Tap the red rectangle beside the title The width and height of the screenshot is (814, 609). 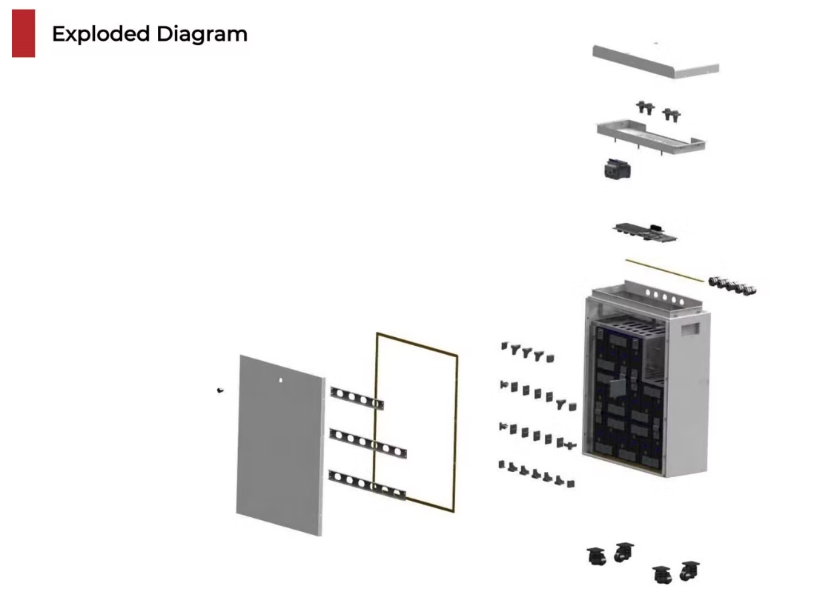[23, 33]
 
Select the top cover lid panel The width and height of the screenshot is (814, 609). [655, 60]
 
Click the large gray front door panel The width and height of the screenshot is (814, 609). [280, 445]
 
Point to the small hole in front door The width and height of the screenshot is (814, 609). [281, 381]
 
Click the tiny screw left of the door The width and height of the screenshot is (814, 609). [220, 390]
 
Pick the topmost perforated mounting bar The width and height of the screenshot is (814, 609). [357, 398]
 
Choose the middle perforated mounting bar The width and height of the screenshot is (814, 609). [368, 442]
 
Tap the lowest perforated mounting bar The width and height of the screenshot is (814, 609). [368, 484]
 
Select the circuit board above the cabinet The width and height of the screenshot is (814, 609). [646, 232]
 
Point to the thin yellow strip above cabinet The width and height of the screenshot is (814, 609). [664, 270]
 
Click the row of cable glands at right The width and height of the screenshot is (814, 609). [732, 285]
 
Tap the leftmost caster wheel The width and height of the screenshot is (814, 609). [597, 555]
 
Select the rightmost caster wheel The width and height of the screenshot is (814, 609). [690, 570]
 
